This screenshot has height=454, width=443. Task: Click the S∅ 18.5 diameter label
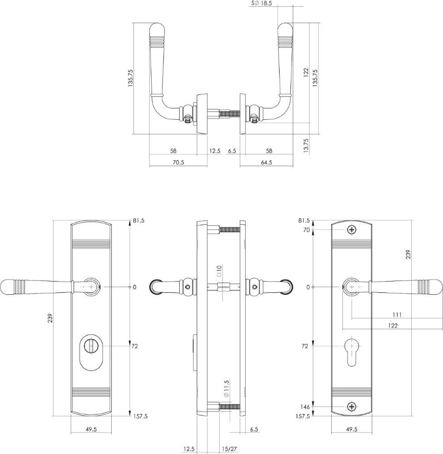[x=261, y=4]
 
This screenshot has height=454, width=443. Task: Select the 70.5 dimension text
[x=179, y=163]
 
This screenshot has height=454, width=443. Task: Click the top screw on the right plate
[x=352, y=230]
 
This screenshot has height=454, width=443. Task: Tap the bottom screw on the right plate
[x=352, y=407]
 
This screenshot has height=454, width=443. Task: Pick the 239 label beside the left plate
[x=50, y=318]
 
